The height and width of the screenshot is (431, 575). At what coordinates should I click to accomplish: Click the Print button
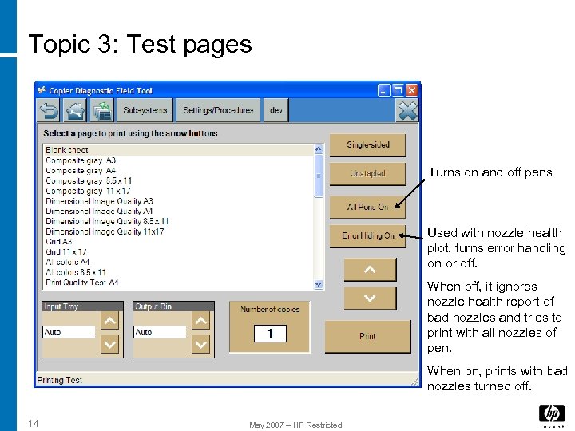point(367,336)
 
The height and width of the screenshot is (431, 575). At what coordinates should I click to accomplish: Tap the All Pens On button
point(367,207)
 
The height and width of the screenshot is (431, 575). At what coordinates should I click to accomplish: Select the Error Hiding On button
point(367,235)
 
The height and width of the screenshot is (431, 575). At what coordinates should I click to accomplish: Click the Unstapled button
point(367,173)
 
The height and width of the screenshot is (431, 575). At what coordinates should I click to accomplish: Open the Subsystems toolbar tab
point(145,110)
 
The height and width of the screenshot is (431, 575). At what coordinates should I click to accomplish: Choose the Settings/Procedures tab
point(218,110)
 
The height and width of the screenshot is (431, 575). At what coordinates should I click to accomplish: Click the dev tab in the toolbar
point(276,110)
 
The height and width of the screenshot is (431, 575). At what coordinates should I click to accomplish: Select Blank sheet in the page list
point(67,150)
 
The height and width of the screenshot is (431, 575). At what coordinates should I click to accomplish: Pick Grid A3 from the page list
point(59,241)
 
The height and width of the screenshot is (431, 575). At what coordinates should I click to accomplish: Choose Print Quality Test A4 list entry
point(82,283)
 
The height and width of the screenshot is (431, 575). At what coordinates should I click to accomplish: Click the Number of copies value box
point(270,334)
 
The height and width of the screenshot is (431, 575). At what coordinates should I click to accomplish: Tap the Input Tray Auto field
point(69,332)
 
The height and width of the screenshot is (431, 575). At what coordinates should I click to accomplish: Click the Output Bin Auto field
point(159,332)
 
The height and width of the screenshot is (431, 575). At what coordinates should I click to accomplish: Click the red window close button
point(412,90)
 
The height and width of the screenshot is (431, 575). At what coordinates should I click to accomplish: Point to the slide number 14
point(33,423)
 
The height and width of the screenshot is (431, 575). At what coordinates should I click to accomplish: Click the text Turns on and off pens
point(490,172)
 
